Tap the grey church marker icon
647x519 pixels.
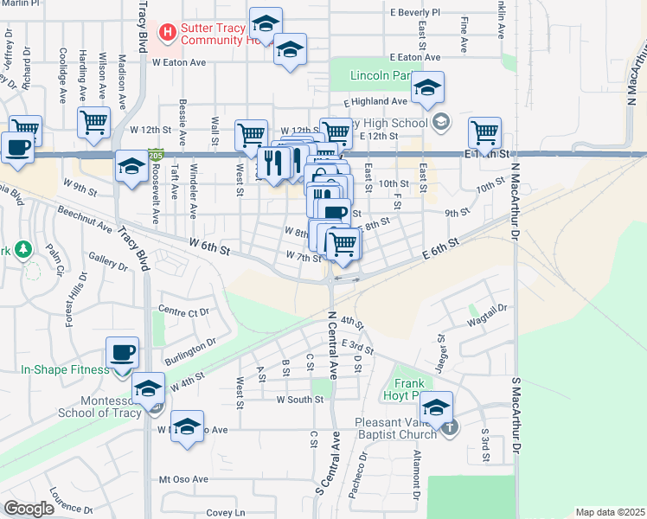[x=450, y=427]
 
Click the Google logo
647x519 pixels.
[x=29, y=509]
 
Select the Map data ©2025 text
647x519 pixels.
[x=610, y=512]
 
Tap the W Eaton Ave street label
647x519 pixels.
[x=179, y=62]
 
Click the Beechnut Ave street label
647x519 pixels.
[x=85, y=220]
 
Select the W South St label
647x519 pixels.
[x=299, y=400]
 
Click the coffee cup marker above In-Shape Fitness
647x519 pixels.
[x=122, y=353]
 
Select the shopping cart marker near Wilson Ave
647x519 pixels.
[x=93, y=122]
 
